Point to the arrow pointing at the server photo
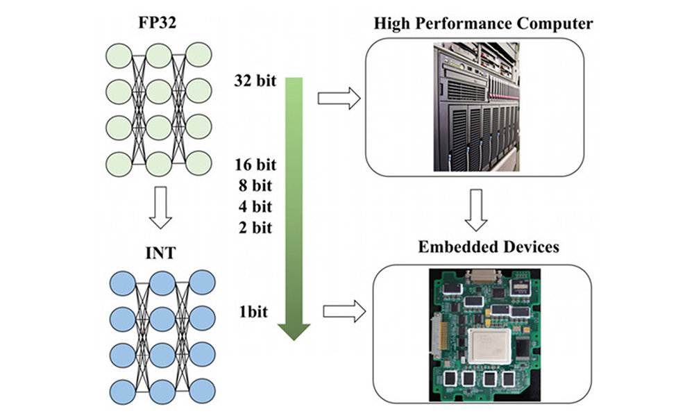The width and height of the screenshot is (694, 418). (339, 99)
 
